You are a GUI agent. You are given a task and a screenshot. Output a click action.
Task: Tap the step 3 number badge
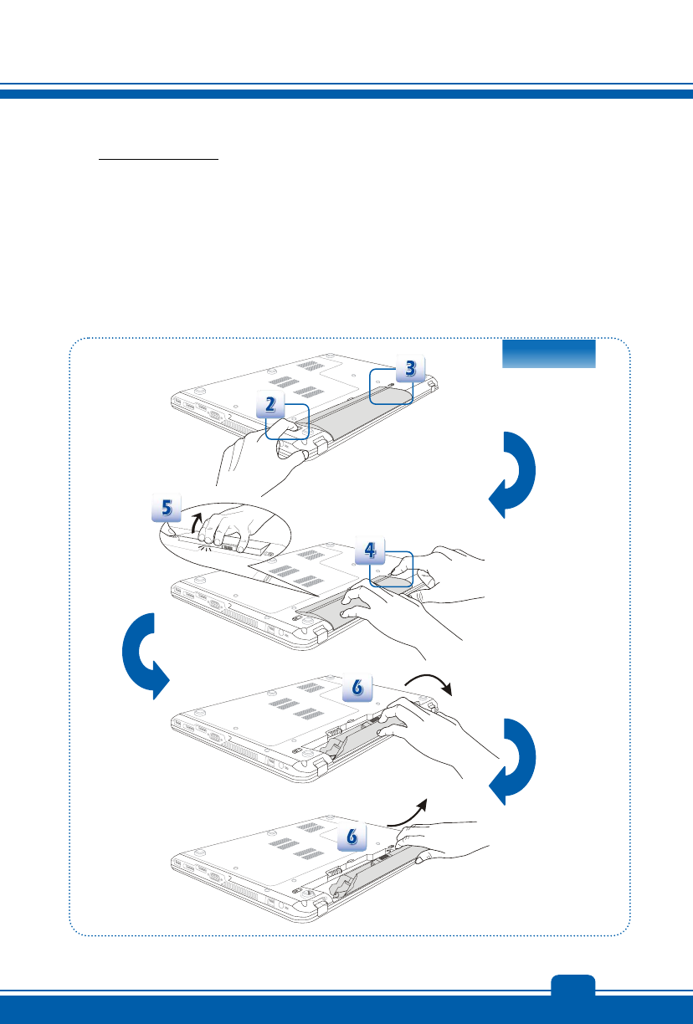[x=409, y=369]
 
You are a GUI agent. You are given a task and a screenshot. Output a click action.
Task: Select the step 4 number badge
[x=371, y=551]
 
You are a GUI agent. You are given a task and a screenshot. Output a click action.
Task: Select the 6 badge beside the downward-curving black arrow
[x=357, y=688]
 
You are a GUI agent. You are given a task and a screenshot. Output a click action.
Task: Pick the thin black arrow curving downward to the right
[x=429, y=683]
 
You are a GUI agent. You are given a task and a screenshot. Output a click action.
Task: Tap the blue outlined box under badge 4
[x=392, y=569]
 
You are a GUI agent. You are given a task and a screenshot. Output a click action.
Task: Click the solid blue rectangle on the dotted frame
[x=548, y=353]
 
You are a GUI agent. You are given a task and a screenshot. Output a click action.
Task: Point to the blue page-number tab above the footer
[x=573, y=985]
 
